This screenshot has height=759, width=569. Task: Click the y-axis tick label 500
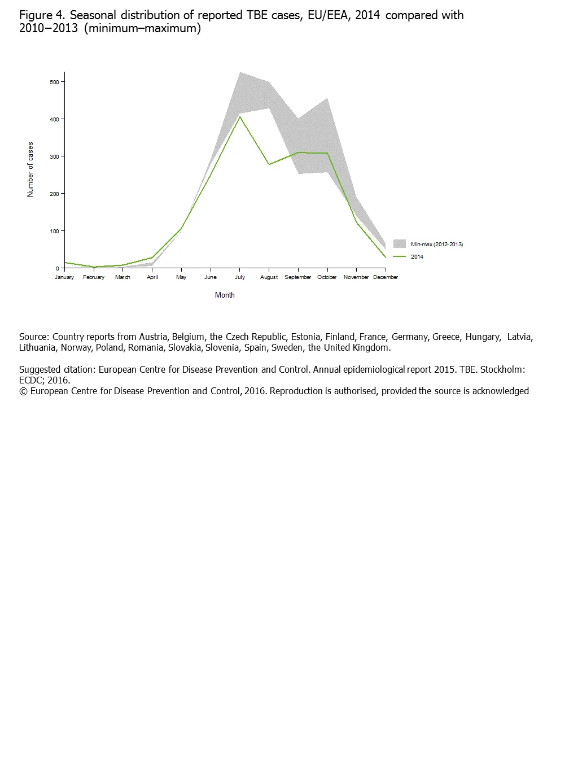point(54,82)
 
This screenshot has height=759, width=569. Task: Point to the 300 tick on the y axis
point(54,156)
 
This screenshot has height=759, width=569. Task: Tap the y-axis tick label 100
point(54,231)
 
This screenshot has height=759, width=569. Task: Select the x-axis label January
point(64,277)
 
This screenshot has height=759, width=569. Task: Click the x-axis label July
point(240,277)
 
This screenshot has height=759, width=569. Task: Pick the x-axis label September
point(298,277)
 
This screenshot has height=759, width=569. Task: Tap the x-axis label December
point(386,277)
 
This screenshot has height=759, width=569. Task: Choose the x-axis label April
point(152,277)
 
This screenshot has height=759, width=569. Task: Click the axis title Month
point(225,295)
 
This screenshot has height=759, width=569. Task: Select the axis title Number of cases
point(30,169)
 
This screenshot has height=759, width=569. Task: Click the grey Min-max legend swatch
point(400,244)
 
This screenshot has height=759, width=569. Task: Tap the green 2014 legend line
point(400,256)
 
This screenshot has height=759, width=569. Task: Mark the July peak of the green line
point(240,117)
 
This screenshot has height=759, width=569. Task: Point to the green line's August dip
point(269,164)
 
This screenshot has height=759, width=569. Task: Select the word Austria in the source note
point(154,337)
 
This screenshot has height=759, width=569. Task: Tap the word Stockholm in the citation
point(502,370)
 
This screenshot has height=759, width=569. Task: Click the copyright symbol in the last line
point(23,391)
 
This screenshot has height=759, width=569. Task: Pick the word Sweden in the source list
point(287,348)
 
